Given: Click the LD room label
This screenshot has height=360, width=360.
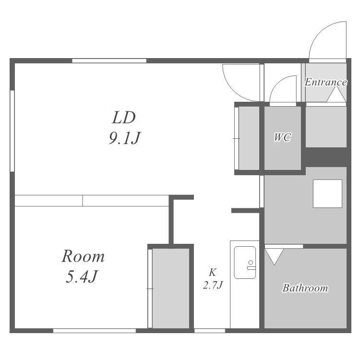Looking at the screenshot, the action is (124, 118).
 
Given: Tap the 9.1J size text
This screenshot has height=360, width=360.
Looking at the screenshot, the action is (124, 138).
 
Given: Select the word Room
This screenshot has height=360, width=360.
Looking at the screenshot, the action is (83, 256).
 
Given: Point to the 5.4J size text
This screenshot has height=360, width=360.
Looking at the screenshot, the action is (82, 276).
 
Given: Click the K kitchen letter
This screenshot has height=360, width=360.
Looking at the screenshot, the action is (213, 272).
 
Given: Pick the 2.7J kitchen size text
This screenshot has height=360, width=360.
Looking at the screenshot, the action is (213, 285).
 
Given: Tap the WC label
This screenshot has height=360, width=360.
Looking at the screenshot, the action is (283, 137).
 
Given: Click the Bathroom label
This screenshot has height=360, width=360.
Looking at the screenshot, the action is (305, 288).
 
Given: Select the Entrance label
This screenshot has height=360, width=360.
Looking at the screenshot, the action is (325, 82).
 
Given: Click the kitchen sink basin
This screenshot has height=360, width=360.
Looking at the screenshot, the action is (245, 263).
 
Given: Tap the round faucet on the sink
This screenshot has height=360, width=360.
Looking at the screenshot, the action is (251, 263).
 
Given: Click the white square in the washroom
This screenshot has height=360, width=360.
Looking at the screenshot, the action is (328, 194).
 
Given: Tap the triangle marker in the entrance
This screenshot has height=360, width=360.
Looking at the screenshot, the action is (336, 95).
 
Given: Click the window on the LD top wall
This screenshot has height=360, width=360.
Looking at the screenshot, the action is (109, 61).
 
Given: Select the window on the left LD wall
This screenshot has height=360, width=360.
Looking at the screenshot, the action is (12, 131).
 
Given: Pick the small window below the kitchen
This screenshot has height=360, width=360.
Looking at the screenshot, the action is (210, 331).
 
